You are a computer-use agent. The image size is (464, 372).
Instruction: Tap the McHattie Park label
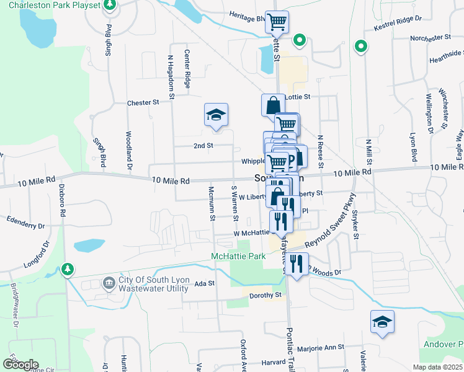tap(238, 256)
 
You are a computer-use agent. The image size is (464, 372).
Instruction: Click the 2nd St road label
tap(203, 146)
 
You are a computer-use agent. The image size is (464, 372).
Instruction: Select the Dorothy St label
tap(266, 295)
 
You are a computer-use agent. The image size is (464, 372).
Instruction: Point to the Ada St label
tap(204, 283)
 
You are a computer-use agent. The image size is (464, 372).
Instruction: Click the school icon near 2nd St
tap(216, 115)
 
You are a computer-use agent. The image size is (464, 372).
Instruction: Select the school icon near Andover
tap(382, 321)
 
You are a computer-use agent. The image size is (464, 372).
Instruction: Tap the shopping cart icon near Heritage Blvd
tap(277, 22)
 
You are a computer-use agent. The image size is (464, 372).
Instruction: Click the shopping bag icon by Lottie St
tap(273, 105)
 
